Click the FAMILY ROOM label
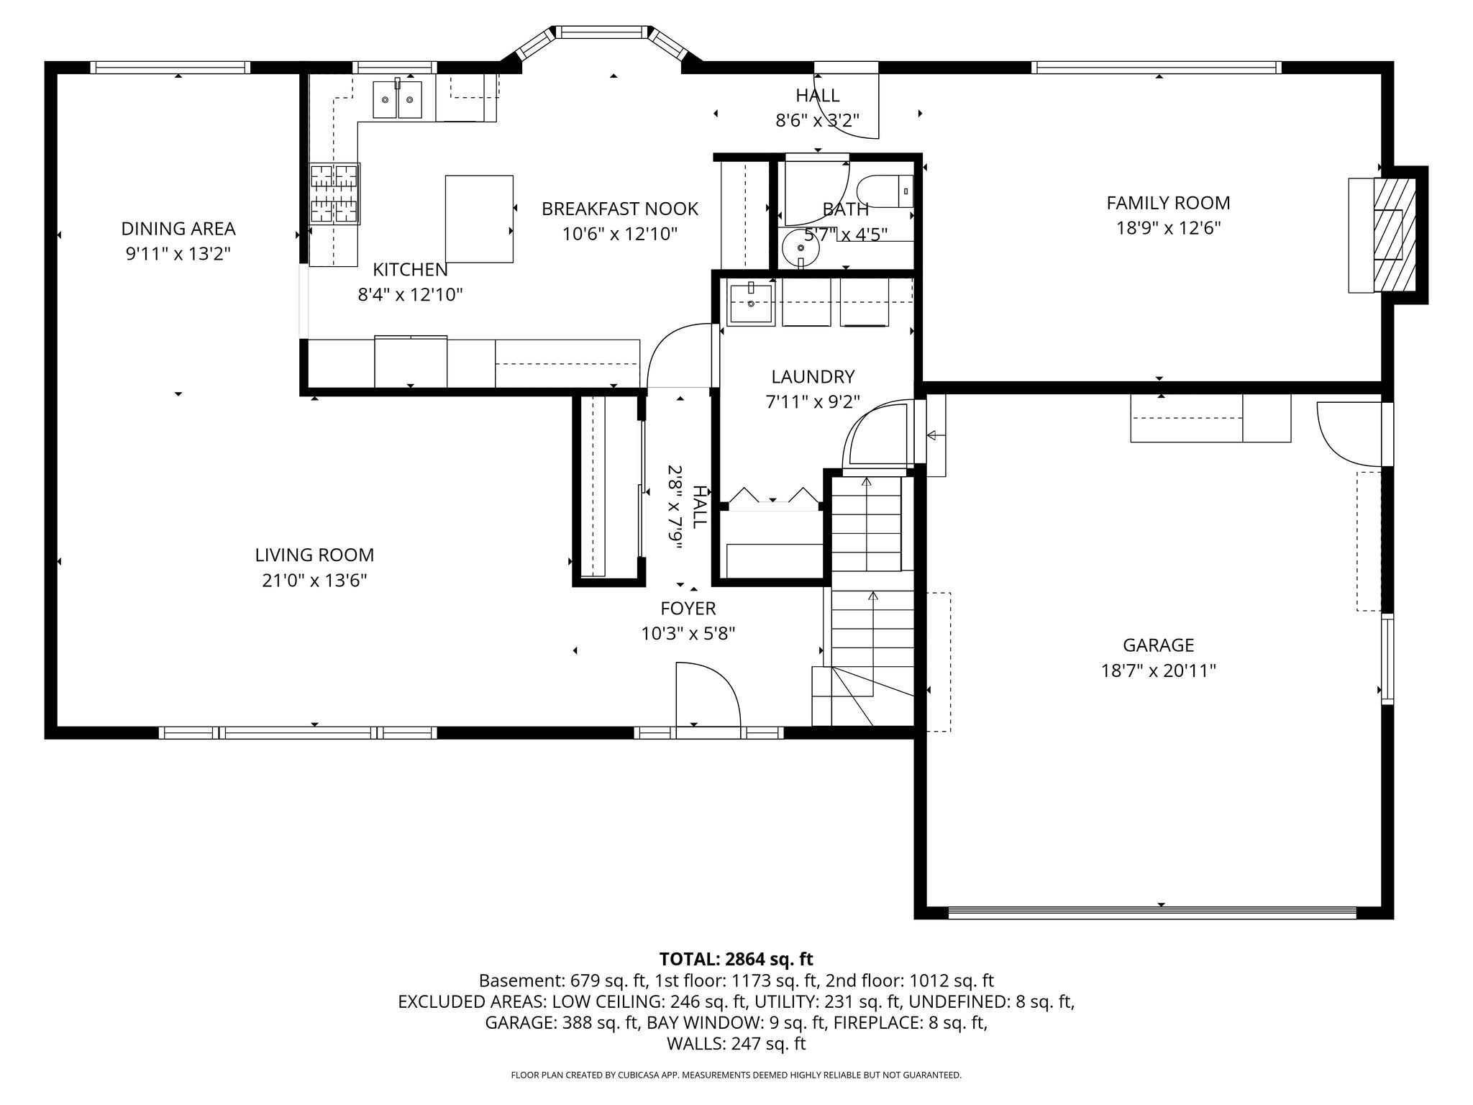pyautogui.click(x=1168, y=203)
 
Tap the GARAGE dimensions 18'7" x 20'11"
pyautogui.click(x=1158, y=671)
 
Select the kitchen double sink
pyautogui.click(x=397, y=99)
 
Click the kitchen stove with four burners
pyautogui.click(x=334, y=194)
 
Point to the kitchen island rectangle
pyautogui.click(x=479, y=219)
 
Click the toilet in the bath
pyautogui.click(x=885, y=191)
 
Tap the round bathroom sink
pyautogui.click(x=801, y=248)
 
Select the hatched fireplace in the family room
pyautogui.click(x=1395, y=235)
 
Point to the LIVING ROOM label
pyautogui.click(x=314, y=555)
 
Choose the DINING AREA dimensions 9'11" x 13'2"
pyautogui.click(x=178, y=254)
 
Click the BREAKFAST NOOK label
pyautogui.click(x=620, y=209)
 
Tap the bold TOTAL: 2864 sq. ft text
pyautogui.click(x=736, y=959)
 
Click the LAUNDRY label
pyautogui.click(x=813, y=377)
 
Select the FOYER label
pyautogui.click(x=688, y=609)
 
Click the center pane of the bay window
pyautogui.click(x=602, y=32)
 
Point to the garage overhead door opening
pyautogui.click(x=1152, y=913)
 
